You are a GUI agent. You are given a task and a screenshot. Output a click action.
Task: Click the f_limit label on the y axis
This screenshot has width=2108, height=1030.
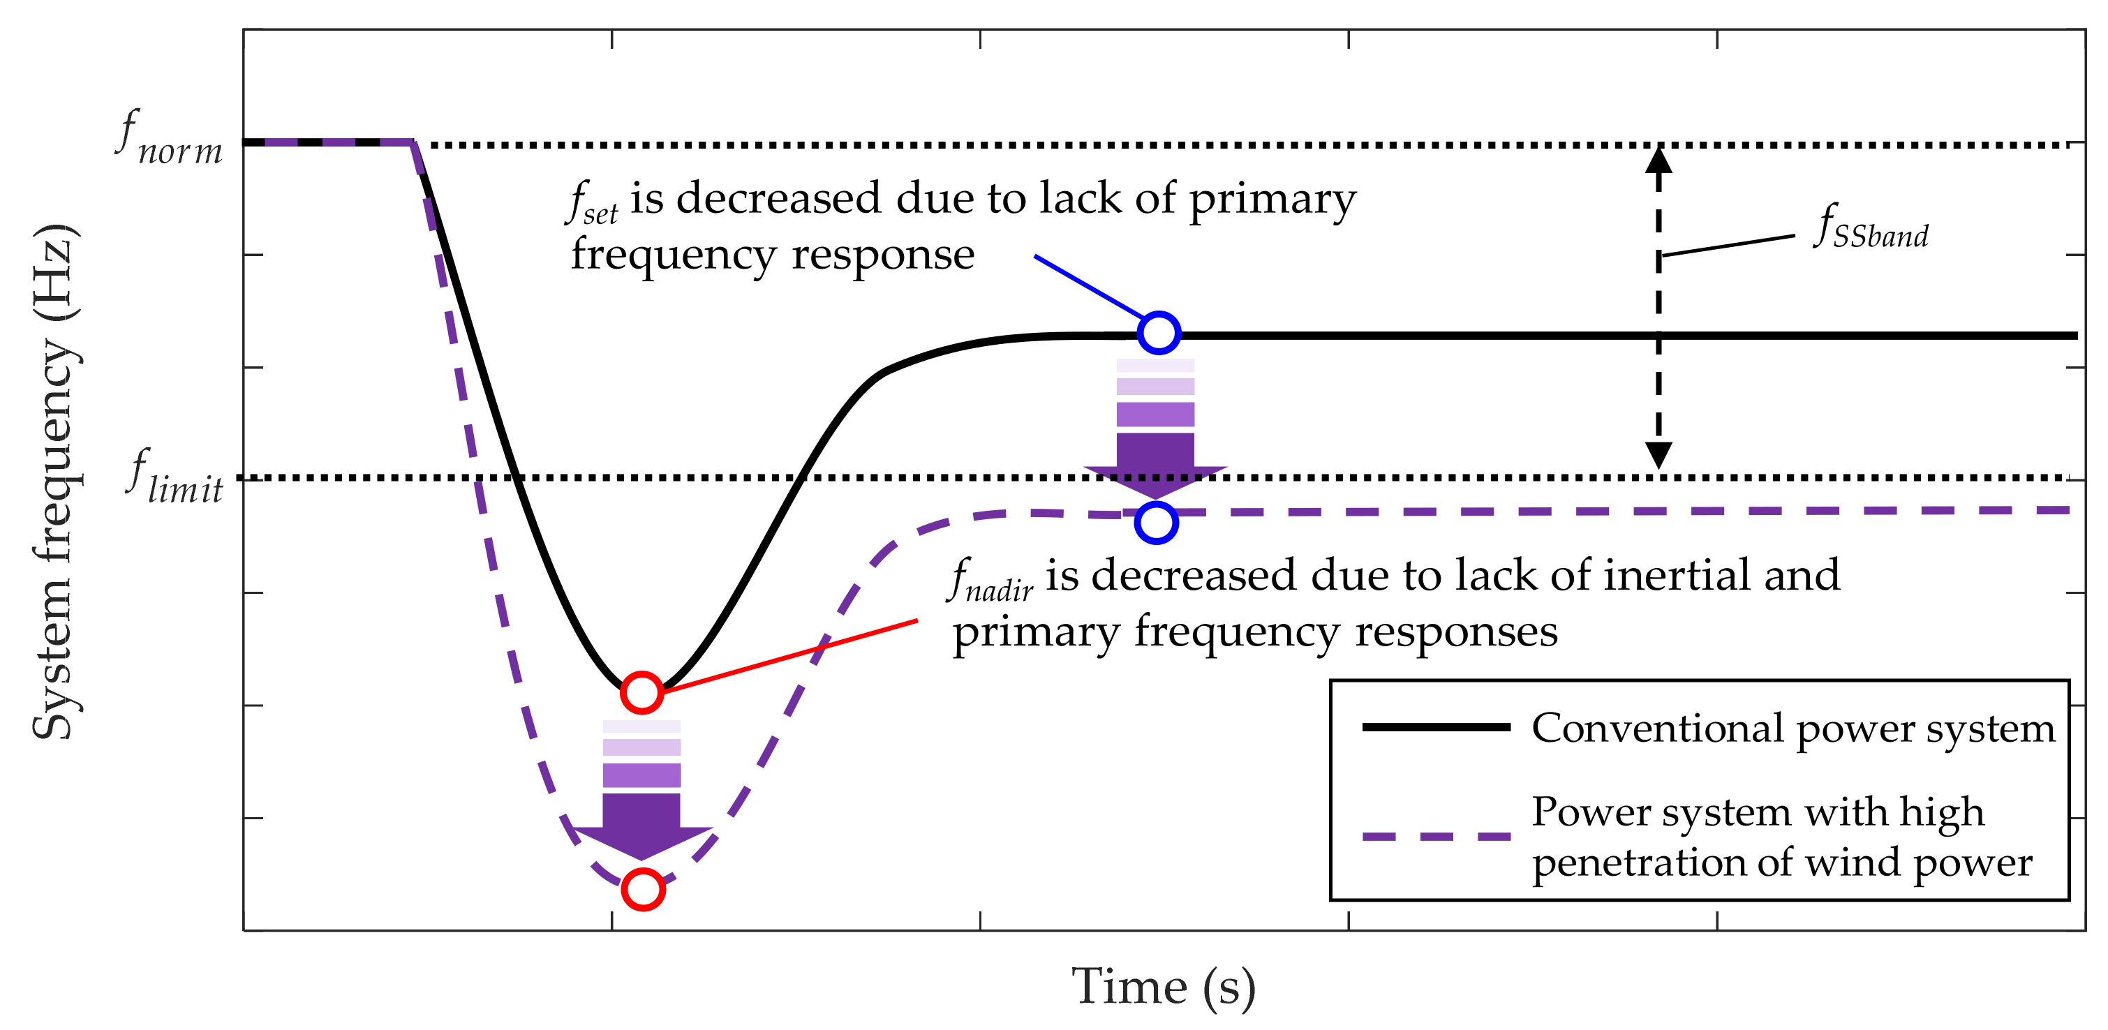pos(175,477)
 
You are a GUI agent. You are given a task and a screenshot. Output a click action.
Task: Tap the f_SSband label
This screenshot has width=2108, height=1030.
pos(1871,227)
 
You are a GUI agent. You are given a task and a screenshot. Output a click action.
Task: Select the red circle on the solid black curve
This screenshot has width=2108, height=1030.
pos(641,692)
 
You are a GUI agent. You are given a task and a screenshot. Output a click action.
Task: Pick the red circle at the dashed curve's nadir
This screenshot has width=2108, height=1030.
pos(643,888)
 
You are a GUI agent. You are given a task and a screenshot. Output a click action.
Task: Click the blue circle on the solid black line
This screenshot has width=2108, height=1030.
pos(1159,333)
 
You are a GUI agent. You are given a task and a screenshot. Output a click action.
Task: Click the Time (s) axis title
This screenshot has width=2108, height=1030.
pos(1163,987)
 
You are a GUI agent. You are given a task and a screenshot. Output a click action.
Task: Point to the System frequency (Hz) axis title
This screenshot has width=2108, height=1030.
pos(56,483)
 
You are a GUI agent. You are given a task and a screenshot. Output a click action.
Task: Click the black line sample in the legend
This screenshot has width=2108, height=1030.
pos(1435,726)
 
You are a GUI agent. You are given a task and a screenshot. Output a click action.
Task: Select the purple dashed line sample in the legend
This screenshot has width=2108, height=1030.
pos(1435,836)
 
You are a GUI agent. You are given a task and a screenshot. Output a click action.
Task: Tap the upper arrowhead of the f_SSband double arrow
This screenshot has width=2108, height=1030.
pos(1658,160)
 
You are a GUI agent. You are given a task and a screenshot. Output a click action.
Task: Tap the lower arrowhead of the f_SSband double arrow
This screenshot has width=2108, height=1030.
pos(1658,455)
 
